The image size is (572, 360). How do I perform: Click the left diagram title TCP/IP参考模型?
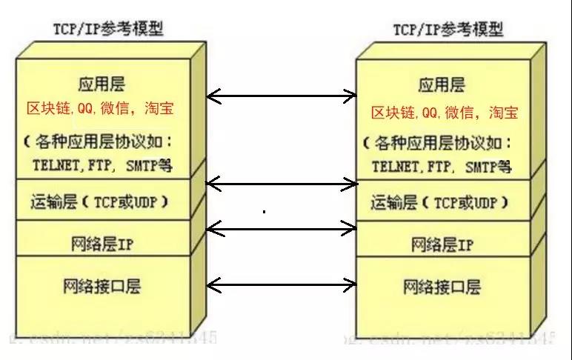pos(107,29)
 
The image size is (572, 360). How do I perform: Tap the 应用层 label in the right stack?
pos(442,84)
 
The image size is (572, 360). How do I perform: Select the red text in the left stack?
pos(100,109)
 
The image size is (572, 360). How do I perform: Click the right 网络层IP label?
pos(442,244)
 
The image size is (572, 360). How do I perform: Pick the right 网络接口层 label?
pos(442,286)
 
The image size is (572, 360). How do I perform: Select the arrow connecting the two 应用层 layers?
pos(281,95)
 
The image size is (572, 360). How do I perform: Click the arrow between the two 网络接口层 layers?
pos(281,284)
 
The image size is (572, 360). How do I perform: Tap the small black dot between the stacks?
pos(265,212)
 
